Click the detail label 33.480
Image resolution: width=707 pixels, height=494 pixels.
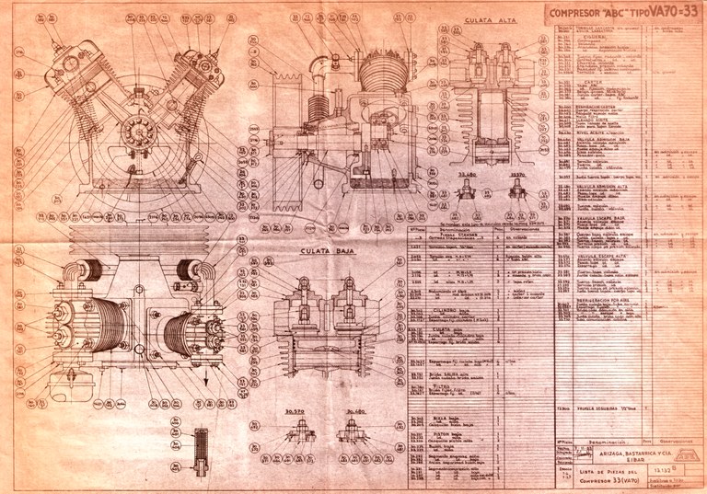(468, 172)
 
